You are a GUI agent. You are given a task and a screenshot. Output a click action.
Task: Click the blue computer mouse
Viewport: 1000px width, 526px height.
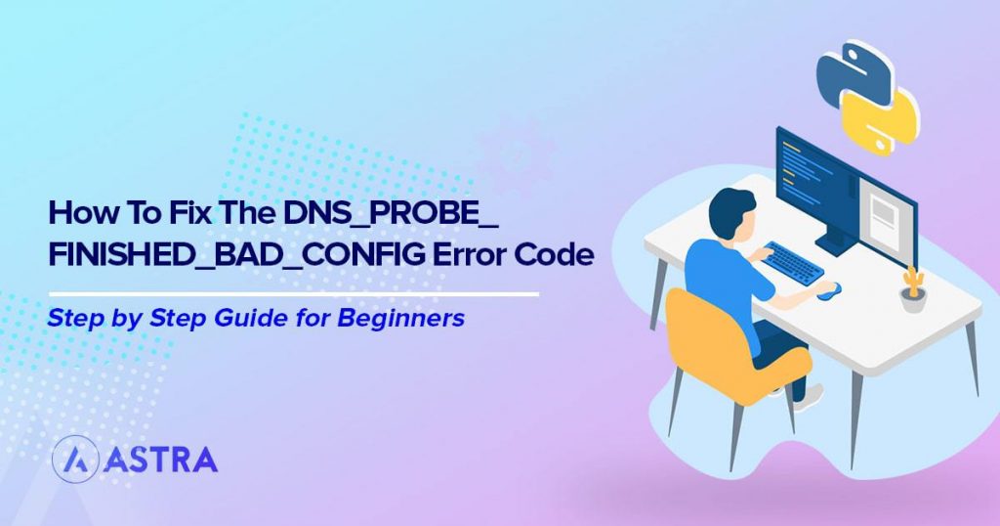click(x=828, y=289)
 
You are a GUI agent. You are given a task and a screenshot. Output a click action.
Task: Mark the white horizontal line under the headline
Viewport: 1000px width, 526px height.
click(x=293, y=291)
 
